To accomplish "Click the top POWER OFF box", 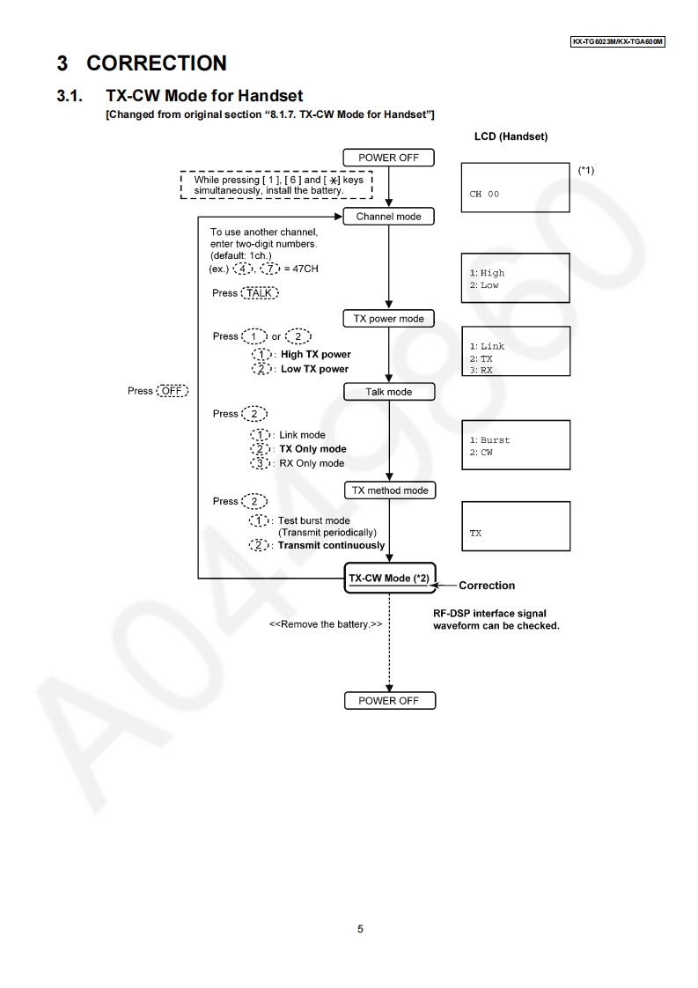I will (x=389, y=158).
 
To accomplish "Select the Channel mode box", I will (x=389, y=217).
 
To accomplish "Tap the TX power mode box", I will (x=389, y=319).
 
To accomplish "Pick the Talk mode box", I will (x=389, y=392).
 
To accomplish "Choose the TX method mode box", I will (x=389, y=490).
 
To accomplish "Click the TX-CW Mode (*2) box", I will (x=389, y=578).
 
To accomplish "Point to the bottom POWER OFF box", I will (x=389, y=701).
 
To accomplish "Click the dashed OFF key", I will (x=172, y=390).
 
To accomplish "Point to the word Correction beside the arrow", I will (x=487, y=586).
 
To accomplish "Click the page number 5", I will (x=360, y=929).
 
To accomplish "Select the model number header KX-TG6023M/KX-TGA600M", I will (x=618, y=41).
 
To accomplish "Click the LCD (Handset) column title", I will (x=511, y=136).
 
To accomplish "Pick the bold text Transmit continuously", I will (x=331, y=545).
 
